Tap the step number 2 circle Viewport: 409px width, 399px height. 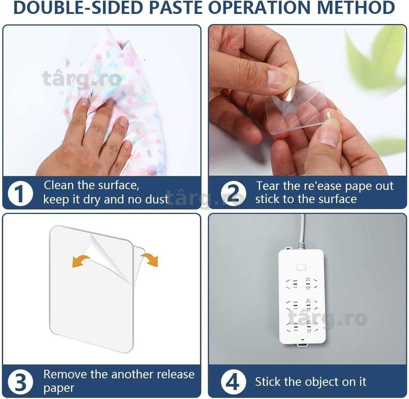[233, 194]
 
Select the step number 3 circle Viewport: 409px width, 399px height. [20, 382]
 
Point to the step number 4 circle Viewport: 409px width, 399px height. [233, 382]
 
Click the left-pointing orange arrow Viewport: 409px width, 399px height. [80, 261]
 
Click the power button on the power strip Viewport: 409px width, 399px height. [301, 268]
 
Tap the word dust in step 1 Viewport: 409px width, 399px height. [156, 200]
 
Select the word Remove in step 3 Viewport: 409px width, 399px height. [65, 375]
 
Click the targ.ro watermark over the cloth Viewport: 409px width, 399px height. [82, 79]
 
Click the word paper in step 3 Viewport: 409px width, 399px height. [59, 388]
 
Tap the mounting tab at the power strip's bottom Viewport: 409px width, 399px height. [302, 345]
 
